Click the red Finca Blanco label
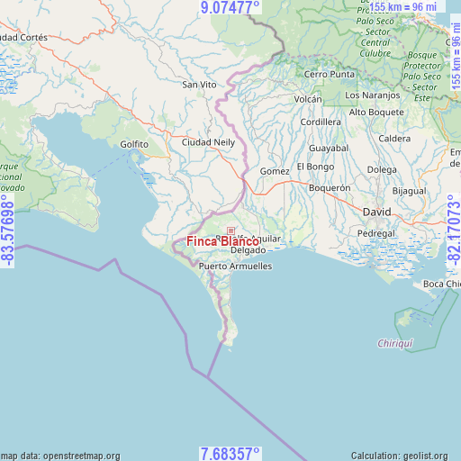click(x=223, y=241)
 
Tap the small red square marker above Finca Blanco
click(x=230, y=231)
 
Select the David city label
click(x=376, y=211)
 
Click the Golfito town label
click(x=134, y=144)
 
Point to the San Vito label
click(x=200, y=84)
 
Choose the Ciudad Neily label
click(x=208, y=142)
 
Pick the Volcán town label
click(x=308, y=99)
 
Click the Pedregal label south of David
click(x=376, y=232)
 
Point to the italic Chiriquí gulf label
click(x=394, y=344)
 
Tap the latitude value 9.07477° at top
click(x=230, y=8)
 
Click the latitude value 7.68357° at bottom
click(x=230, y=453)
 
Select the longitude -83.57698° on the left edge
click(x=8, y=230)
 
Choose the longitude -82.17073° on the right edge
click(x=453, y=230)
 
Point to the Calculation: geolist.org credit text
click(x=405, y=456)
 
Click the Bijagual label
click(x=409, y=191)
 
